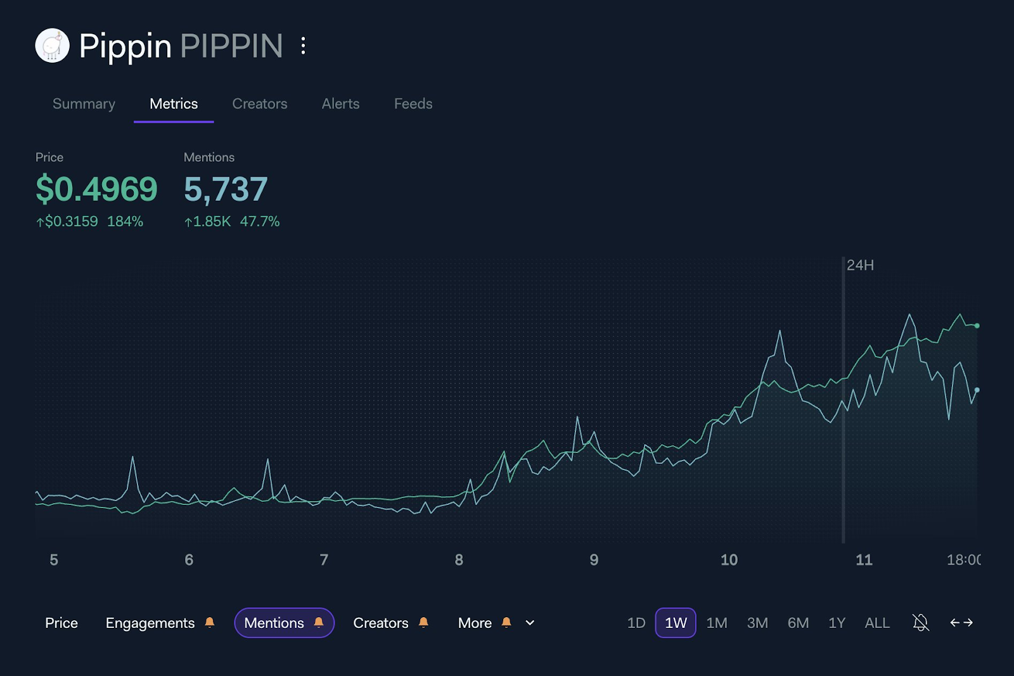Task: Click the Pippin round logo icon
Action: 52,46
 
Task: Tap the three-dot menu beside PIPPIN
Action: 304,46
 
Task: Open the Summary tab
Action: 84,104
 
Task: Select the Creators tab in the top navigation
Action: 259,104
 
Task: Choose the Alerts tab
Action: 340,104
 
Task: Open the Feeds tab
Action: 413,104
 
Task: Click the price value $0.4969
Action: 96,189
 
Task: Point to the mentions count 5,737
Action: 226,189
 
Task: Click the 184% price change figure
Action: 125,222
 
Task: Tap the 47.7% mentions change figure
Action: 259,222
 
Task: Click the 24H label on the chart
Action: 860,265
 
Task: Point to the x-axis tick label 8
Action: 459,560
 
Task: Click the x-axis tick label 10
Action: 729,560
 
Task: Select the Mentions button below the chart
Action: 283,623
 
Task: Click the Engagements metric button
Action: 150,623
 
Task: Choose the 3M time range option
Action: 757,623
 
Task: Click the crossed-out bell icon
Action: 920,623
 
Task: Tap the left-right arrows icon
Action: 961,623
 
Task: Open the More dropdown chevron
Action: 530,623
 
